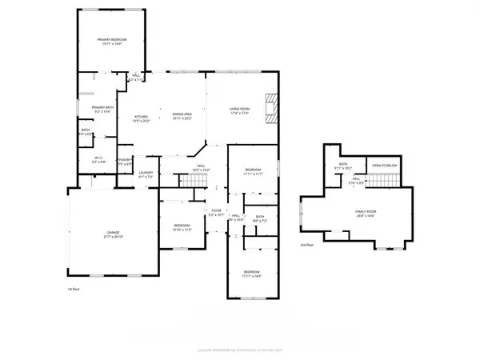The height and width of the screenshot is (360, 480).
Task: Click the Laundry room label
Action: coord(145,174)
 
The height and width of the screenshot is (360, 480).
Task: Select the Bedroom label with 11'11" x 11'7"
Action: coord(252,172)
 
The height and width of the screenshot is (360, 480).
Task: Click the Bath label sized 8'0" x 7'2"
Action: coord(260,218)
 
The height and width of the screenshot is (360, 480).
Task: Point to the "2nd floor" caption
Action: coord(306,245)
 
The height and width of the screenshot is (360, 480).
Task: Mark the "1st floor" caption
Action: coord(74,289)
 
